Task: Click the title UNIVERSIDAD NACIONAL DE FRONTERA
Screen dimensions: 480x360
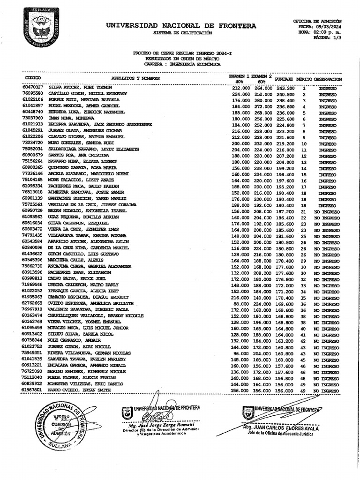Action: coord(181,26)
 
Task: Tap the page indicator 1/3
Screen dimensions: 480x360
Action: coord(335,38)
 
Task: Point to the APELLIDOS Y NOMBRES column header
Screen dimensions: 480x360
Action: coord(135,78)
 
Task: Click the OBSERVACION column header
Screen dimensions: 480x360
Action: coord(328,79)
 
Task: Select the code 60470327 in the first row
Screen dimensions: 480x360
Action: coord(32,88)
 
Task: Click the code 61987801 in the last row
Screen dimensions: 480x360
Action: coord(32,390)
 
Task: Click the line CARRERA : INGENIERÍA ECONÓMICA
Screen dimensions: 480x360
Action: coord(182,64)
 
